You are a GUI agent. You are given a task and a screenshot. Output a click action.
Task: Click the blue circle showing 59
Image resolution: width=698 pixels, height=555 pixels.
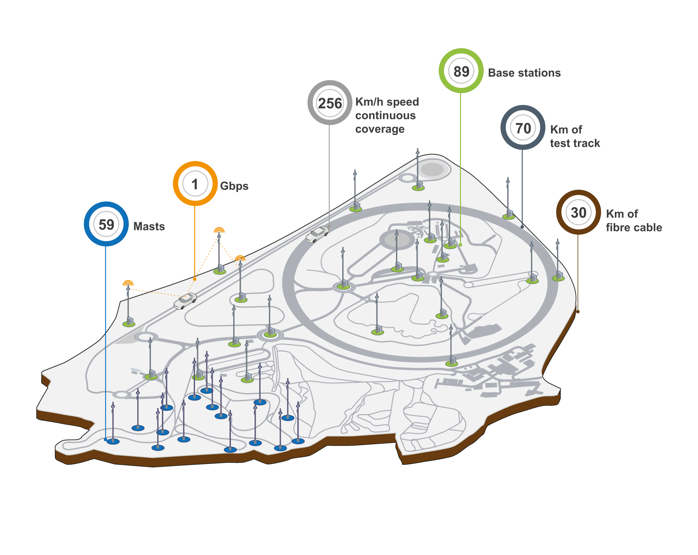coord(106,224)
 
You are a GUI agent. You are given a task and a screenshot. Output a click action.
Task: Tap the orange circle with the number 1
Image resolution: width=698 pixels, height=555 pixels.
coord(195,184)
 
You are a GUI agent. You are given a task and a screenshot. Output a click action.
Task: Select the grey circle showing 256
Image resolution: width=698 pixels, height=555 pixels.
coord(330,103)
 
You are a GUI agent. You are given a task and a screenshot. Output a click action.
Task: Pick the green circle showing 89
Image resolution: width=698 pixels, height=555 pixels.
coord(461,71)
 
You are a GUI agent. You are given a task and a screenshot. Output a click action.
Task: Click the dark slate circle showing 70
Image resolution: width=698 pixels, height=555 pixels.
coord(523,128)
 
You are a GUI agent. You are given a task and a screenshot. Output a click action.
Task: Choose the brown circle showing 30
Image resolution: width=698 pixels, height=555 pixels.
coord(578,212)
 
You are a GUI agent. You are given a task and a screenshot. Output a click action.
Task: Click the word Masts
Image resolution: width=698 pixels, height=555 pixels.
coord(149,227)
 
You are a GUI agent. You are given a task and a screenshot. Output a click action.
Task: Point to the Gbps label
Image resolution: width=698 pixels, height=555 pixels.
coord(234,186)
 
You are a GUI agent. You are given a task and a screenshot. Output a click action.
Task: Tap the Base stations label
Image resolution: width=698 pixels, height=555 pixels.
coord(524,73)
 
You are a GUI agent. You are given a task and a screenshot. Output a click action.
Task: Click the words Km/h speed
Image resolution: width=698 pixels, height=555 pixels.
coord(387,102)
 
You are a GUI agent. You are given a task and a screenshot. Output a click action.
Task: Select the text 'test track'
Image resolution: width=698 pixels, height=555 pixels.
coord(575,143)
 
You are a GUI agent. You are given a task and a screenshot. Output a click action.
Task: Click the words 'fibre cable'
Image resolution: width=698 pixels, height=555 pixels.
coord(634,227)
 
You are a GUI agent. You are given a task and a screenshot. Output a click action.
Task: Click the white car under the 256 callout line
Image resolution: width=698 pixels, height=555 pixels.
coord(317,234)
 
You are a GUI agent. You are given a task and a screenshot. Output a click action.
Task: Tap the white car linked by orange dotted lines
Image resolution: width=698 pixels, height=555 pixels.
coord(185,301)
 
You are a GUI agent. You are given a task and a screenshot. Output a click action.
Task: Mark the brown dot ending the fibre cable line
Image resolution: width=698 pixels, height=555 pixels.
coord(578,312)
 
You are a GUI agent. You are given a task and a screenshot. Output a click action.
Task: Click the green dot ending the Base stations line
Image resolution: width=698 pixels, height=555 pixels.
coord(460,245)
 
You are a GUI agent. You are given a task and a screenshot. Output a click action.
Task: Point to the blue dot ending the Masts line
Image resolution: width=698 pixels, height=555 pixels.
coord(106,439)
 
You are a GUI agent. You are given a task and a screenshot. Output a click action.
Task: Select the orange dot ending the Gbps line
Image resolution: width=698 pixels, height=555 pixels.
coord(195,279)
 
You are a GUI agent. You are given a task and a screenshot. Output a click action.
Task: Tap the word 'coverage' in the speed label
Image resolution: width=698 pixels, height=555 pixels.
coord(380,129)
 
